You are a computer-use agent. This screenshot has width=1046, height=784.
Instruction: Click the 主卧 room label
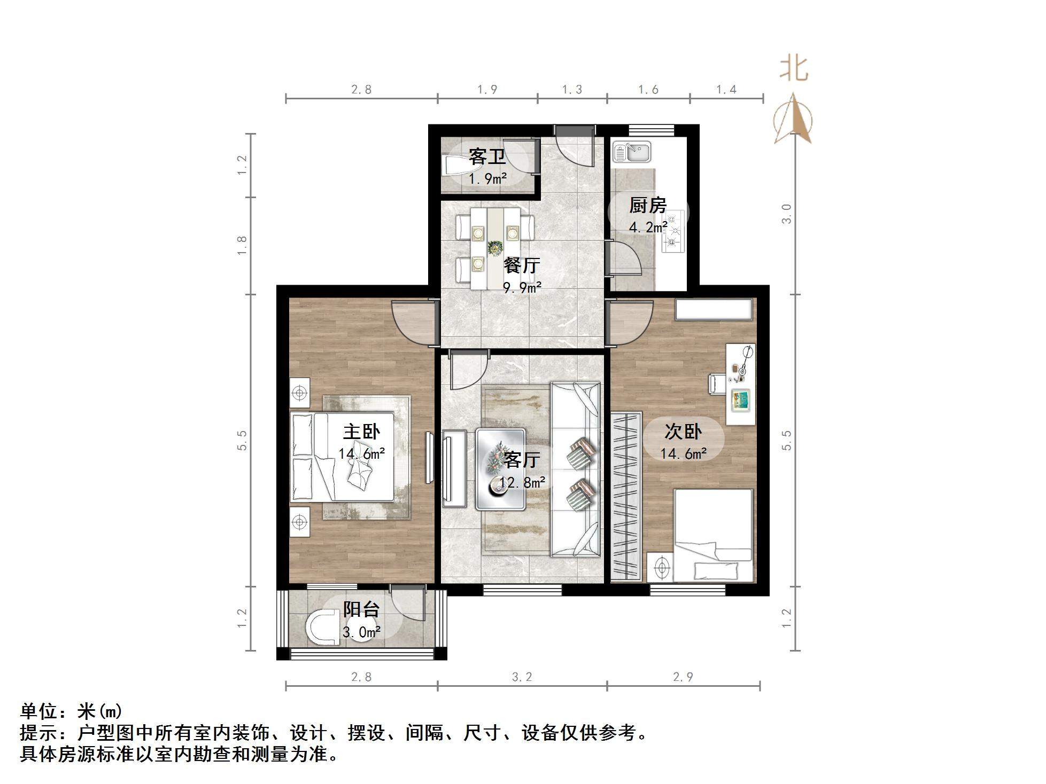click(362, 432)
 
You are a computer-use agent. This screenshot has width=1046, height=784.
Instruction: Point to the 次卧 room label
click(683, 431)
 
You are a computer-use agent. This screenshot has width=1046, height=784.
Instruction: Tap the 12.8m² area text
click(522, 483)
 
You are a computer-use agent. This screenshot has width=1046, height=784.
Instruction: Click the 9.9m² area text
click(522, 288)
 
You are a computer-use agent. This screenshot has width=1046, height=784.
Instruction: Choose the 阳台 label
click(361, 609)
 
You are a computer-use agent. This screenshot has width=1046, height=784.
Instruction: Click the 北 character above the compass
click(794, 69)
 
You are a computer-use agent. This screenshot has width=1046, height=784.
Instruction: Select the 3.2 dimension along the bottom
click(522, 677)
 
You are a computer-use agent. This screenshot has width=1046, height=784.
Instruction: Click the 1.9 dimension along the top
click(487, 90)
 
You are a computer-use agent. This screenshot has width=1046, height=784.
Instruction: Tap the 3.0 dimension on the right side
click(786, 214)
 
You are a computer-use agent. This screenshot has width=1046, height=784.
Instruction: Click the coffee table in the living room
click(501, 469)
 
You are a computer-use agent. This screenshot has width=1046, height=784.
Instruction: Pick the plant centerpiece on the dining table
click(495, 248)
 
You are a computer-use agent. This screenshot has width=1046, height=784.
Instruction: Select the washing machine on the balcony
click(324, 625)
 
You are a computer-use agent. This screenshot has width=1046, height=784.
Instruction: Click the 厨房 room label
click(648, 205)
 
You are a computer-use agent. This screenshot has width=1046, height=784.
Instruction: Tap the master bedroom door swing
click(413, 324)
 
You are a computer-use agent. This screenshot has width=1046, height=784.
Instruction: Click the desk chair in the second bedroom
click(717, 383)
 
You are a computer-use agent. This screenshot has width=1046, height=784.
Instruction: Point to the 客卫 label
click(487, 156)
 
